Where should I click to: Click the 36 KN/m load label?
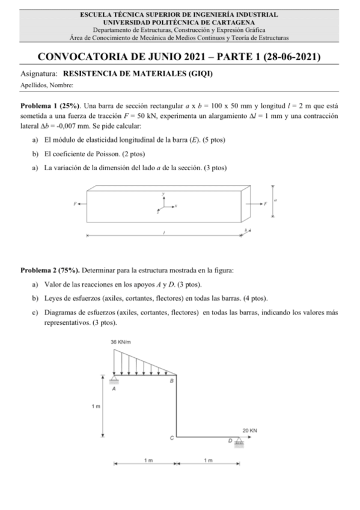[x=122, y=342]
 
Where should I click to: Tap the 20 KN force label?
[x=250, y=431]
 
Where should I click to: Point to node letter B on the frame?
[x=172, y=381]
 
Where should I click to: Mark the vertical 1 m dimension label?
[x=95, y=407]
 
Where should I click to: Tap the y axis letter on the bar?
[x=163, y=194]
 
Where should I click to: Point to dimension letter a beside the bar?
[x=275, y=199]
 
